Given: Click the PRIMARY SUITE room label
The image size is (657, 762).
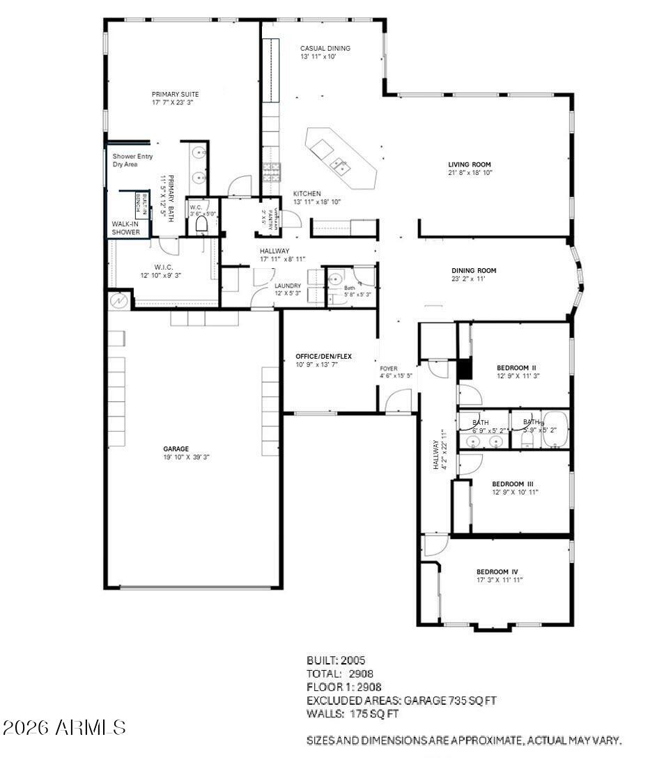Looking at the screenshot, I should click(x=175, y=94).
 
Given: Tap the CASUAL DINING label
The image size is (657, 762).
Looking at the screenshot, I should click(x=325, y=48).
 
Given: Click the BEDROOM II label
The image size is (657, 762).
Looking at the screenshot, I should click(x=516, y=368).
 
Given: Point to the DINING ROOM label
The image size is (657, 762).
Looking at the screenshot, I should click(x=473, y=271).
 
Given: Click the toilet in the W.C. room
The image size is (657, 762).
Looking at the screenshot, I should click(x=202, y=224).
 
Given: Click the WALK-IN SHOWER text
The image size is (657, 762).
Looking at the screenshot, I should click(x=126, y=228).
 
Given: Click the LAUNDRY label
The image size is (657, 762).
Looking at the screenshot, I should click(x=286, y=286).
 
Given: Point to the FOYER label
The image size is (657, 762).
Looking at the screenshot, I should click(x=389, y=368).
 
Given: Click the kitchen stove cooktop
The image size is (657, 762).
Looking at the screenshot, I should click(x=270, y=169).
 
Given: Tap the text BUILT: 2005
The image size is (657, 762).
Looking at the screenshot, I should click(x=336, y=660).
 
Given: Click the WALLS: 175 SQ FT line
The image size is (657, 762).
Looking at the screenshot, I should click(x=353, y=714).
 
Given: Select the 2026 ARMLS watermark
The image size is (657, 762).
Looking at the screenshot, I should click(x=64, y=728).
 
